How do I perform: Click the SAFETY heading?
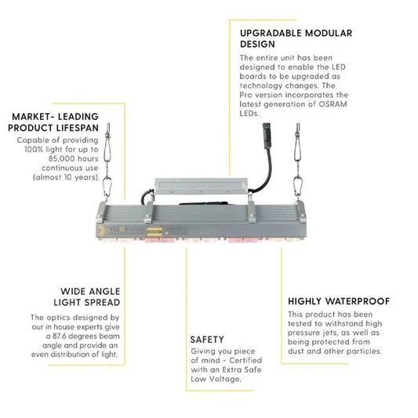(x=207, y=340)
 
